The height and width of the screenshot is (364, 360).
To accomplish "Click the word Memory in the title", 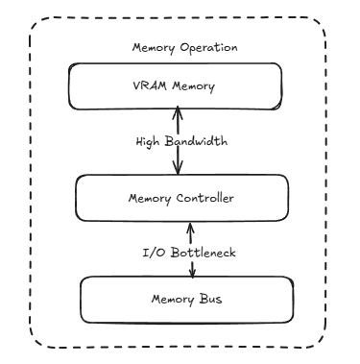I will point(151,48).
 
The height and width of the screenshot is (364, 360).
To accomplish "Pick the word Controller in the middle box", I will point(204,199).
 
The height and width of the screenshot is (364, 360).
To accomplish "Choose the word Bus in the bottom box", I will point(209,300).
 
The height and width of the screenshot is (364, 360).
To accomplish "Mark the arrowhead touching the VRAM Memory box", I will point(178,113).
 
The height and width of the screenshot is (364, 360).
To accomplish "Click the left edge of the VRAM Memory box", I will point(67,88).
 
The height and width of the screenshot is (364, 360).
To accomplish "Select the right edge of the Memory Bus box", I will point(292,300).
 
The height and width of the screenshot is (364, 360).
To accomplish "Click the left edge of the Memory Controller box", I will point(76,199).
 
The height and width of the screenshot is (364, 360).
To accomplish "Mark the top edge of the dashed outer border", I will point(180,16).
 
